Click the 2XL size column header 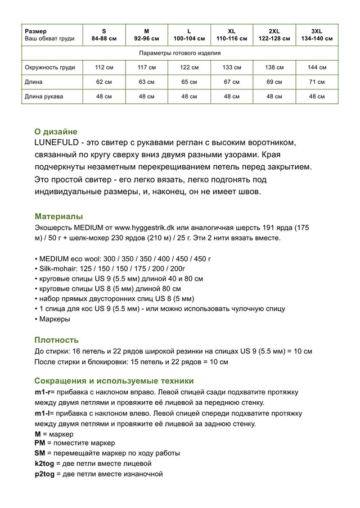click(274, 34)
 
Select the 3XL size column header click(317, 34)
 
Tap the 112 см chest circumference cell click(104, 67)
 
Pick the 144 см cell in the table click(317, 67)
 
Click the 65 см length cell click(189, 82)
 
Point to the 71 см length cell click(317, 82)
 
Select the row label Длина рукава click(44, 96)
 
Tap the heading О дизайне click(56, 131)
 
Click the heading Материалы click(58, 216)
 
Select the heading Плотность click(56, 340)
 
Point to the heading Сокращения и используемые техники click(114, 380)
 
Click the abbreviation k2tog click(45, 464)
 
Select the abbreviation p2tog click(45, 474)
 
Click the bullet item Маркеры click(55, 319)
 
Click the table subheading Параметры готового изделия click(179, 53)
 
